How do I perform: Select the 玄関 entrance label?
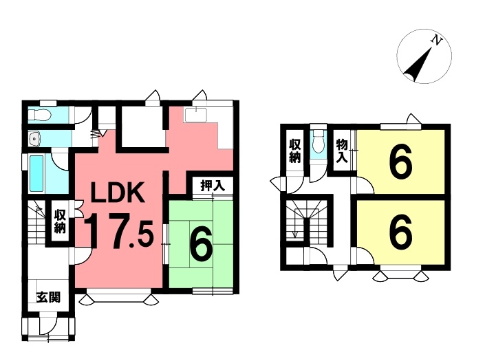pos(48,298)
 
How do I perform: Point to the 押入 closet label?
pos(212,185)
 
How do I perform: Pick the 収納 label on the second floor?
pos(294,151)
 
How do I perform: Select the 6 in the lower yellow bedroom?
pos(400,232)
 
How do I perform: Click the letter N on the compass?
pos(435,41)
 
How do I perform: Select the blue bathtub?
pos(38,173)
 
